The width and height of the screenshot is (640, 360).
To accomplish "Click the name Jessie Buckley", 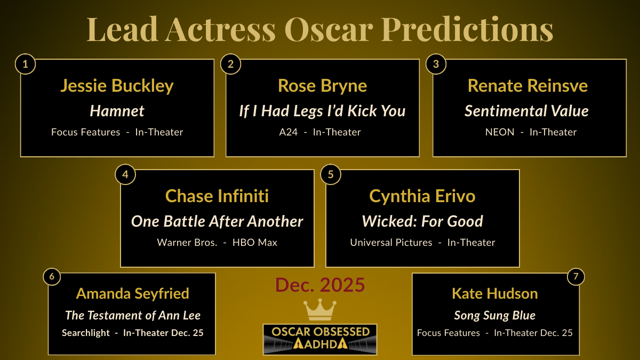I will [117, 86].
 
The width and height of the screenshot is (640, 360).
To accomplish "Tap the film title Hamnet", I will [117, 111].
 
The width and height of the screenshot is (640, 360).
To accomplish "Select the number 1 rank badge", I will [26, 65].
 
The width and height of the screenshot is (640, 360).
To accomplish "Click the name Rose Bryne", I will [322, 86].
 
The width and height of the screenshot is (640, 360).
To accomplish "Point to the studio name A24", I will [289, 132].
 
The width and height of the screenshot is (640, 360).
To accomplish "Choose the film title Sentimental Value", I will [526, 111].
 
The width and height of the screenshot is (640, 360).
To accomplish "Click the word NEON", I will [500, 132].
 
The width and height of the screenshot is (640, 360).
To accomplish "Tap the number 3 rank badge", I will [436, 65].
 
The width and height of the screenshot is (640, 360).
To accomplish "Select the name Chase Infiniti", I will [217, 196].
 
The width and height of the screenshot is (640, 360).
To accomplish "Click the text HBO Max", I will [255, 242].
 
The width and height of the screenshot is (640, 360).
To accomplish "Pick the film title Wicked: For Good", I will [422, 221].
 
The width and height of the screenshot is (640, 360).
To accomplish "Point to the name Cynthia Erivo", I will [422, 196].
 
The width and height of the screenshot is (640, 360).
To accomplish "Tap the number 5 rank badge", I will [331, 175].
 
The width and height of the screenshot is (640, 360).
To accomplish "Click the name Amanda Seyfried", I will [132, 293].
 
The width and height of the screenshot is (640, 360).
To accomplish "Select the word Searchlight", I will [86, 332].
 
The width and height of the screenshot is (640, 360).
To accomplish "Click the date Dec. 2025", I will [320, 285].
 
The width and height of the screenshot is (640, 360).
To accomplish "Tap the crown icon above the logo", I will [319, 310].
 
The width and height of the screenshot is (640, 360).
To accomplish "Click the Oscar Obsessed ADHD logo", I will [320, 339].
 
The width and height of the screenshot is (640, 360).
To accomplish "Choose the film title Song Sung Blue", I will [494, 315].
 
